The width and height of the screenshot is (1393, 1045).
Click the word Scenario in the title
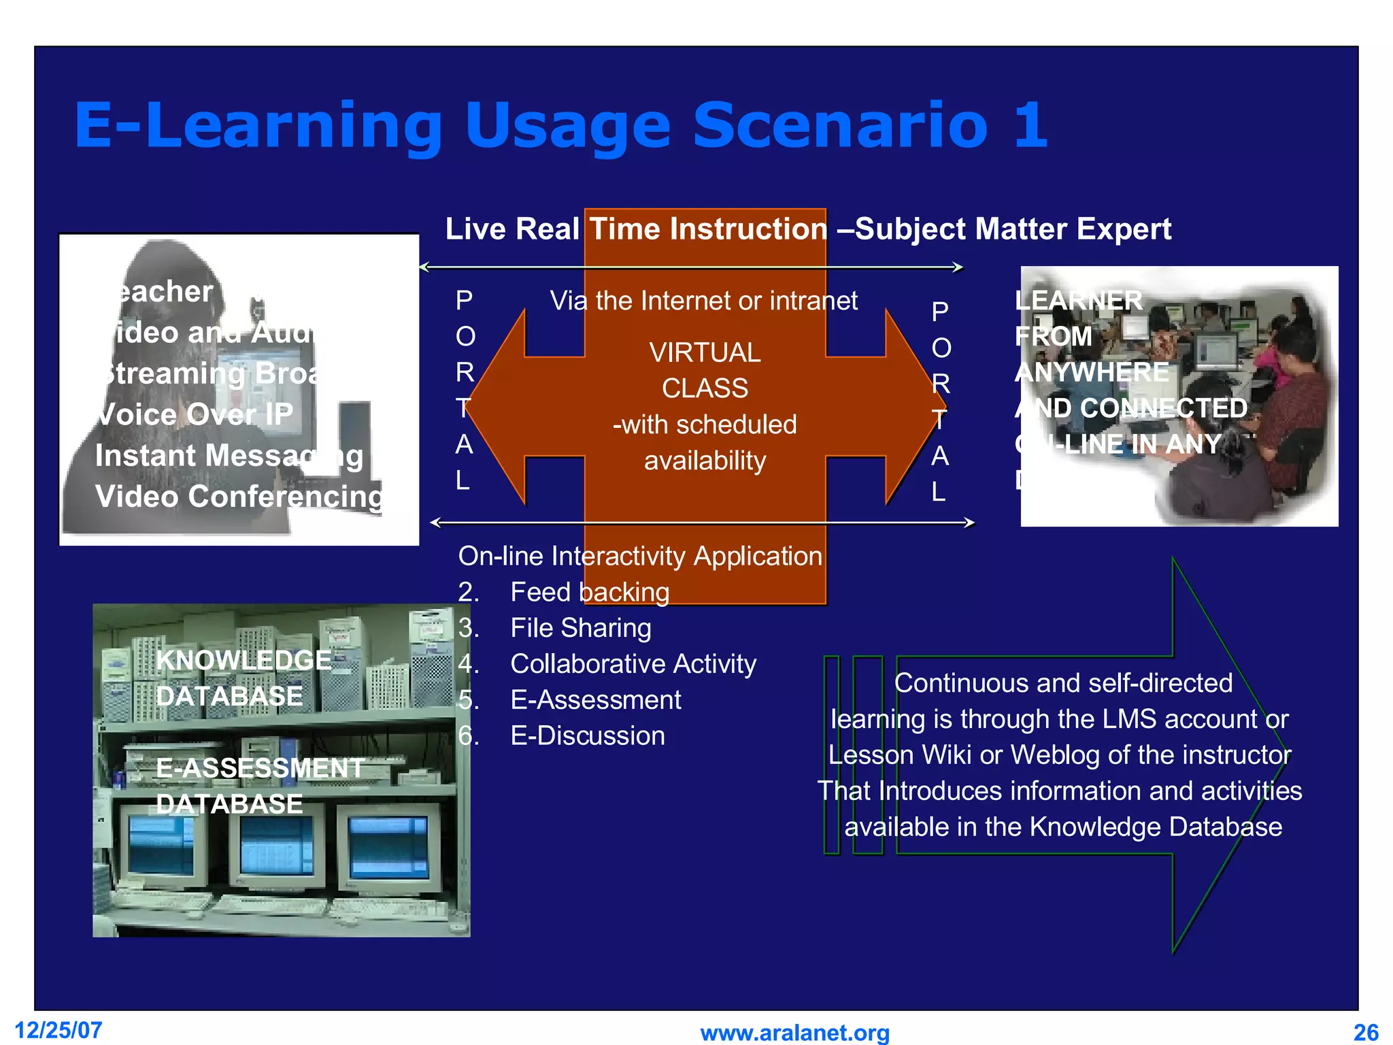840,125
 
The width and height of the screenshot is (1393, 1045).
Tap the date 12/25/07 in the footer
58,1030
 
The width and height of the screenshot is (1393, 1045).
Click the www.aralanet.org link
794,1033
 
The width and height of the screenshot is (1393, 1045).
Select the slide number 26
1366,1033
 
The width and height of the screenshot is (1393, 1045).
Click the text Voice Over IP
195,414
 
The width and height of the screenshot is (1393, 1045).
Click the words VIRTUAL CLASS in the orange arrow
705,370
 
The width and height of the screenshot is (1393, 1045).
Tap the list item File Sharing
580,628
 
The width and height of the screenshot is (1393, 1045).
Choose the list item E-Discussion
587,736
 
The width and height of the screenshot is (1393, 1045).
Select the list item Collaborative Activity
633,664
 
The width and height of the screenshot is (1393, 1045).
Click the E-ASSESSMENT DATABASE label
258,786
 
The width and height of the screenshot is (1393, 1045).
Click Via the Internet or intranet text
703,301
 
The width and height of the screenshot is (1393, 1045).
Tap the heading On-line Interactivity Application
639,557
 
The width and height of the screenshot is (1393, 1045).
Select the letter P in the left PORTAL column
465,300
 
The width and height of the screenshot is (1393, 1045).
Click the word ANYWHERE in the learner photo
1091,372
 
